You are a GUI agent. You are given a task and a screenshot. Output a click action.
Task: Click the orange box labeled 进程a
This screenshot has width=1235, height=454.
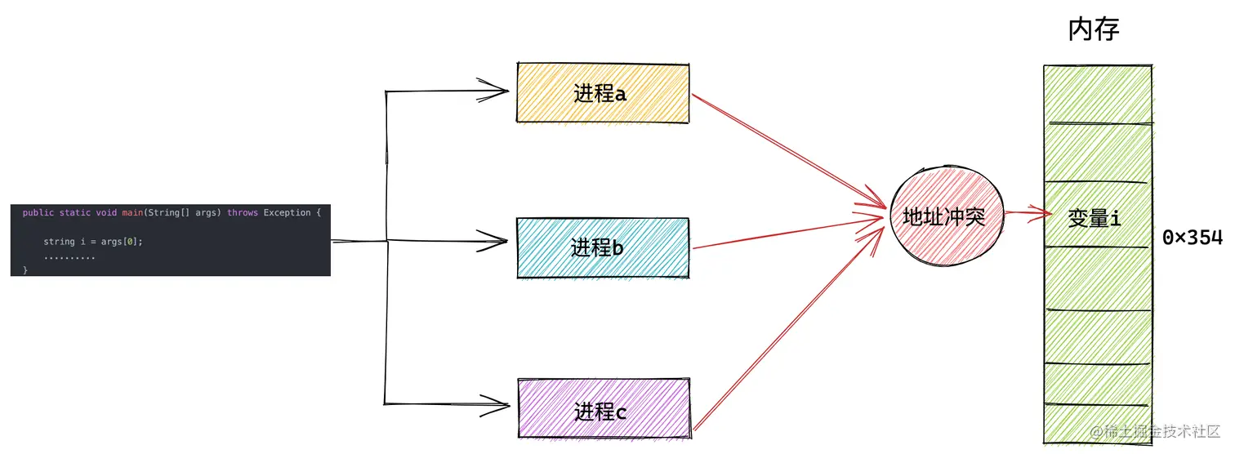602,93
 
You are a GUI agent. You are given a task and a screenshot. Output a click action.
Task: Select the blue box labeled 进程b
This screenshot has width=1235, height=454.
602,247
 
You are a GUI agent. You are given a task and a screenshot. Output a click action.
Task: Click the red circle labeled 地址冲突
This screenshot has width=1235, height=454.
943,216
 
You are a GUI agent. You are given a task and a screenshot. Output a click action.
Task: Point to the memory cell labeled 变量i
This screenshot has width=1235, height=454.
1096,217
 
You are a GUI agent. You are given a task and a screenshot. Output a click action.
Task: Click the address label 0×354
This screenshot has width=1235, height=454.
1192,238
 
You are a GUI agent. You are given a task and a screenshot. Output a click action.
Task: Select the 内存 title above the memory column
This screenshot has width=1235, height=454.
1094,30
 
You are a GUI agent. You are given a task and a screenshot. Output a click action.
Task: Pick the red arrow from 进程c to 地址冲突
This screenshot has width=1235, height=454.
788,327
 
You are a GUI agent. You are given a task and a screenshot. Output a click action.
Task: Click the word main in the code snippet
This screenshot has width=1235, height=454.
132,213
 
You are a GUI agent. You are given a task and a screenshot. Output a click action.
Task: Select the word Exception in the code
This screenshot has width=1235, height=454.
287,213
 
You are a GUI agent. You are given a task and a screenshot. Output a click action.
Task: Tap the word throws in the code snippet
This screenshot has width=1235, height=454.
243,213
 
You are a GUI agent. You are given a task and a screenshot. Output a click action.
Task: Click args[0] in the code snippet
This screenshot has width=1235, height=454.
121,242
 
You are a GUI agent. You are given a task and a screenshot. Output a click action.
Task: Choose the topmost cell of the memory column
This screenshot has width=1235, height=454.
1097,95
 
